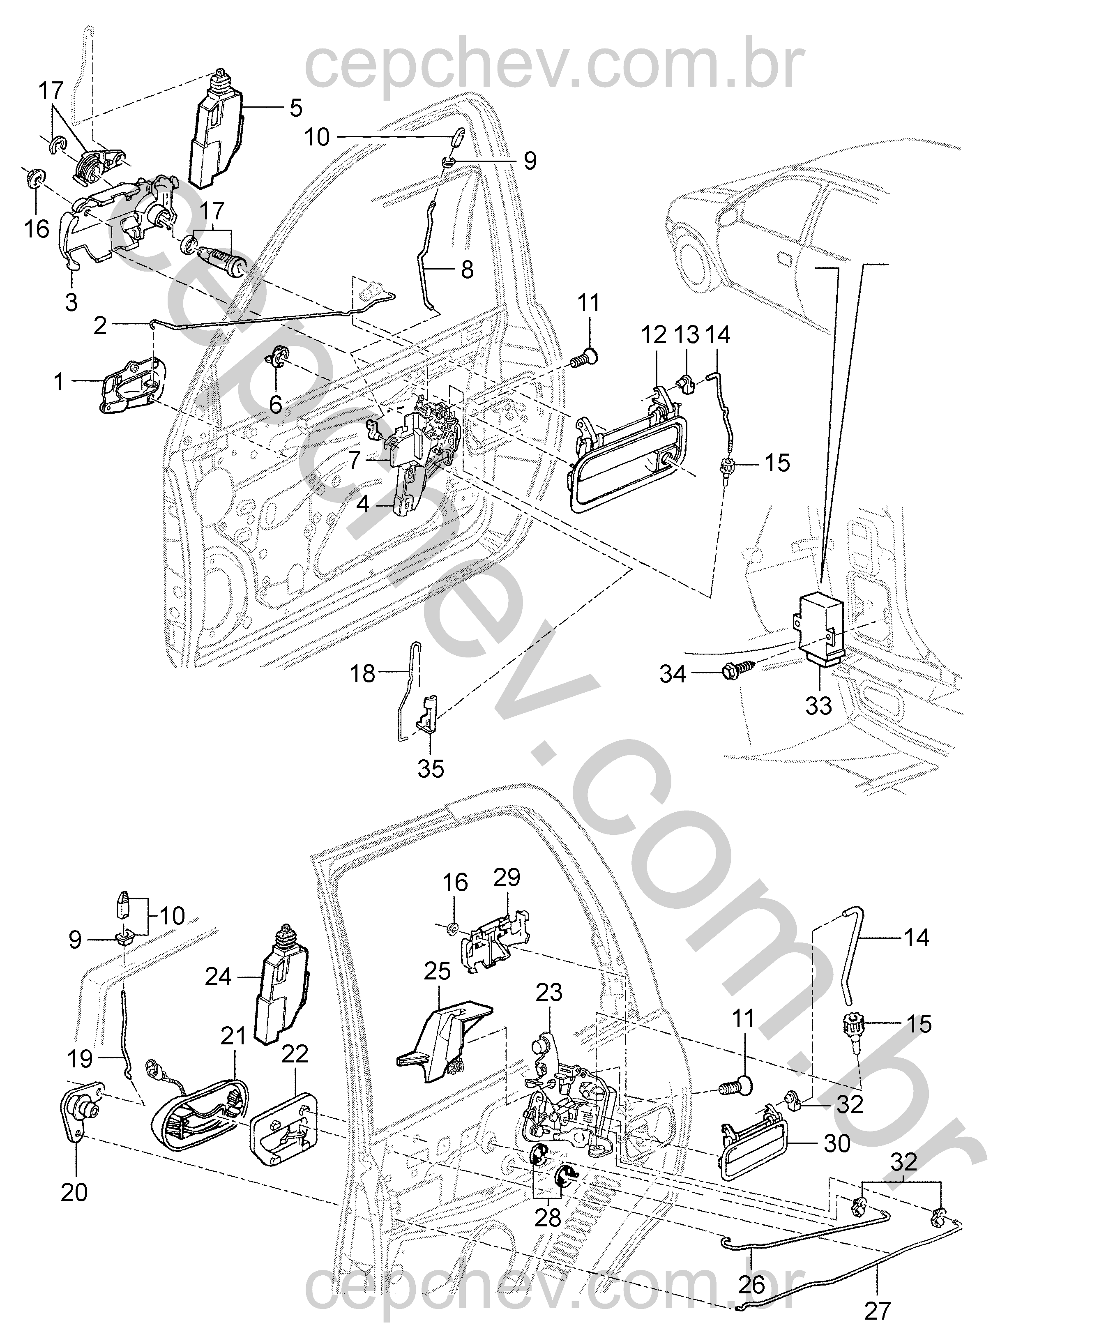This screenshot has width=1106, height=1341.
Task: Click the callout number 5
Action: (x=296, y=108)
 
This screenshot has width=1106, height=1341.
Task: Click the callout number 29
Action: (x=507, y=877)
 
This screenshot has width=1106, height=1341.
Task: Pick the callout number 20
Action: (x=74, y=1191)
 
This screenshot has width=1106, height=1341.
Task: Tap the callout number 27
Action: (x=877, y=1311)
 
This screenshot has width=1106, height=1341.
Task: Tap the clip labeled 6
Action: (x=280, y=354)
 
